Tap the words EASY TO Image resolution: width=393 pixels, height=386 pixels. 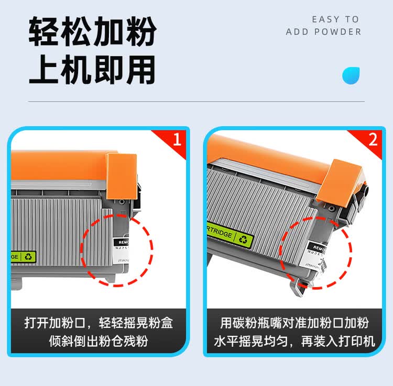(335, 19)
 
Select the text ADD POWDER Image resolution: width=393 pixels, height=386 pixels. (323, 32)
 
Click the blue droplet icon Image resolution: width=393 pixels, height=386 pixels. (351, 75)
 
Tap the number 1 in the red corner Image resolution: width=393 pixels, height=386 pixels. (177, 140)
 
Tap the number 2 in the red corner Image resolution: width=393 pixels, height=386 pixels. (373, 140)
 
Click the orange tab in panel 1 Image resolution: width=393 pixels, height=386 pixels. (121, 176)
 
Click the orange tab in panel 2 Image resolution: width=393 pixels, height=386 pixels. (343, 177)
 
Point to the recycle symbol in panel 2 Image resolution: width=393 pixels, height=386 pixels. (244, 240)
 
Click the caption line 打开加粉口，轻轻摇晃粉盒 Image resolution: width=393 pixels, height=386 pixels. (99, 323)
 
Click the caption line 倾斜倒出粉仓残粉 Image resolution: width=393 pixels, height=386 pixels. (99, 342)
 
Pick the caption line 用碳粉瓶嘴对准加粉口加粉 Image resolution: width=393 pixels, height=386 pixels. (294, 323)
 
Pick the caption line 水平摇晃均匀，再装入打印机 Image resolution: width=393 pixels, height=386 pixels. (294, 342)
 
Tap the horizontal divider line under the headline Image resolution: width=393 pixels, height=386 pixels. (196, 101)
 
